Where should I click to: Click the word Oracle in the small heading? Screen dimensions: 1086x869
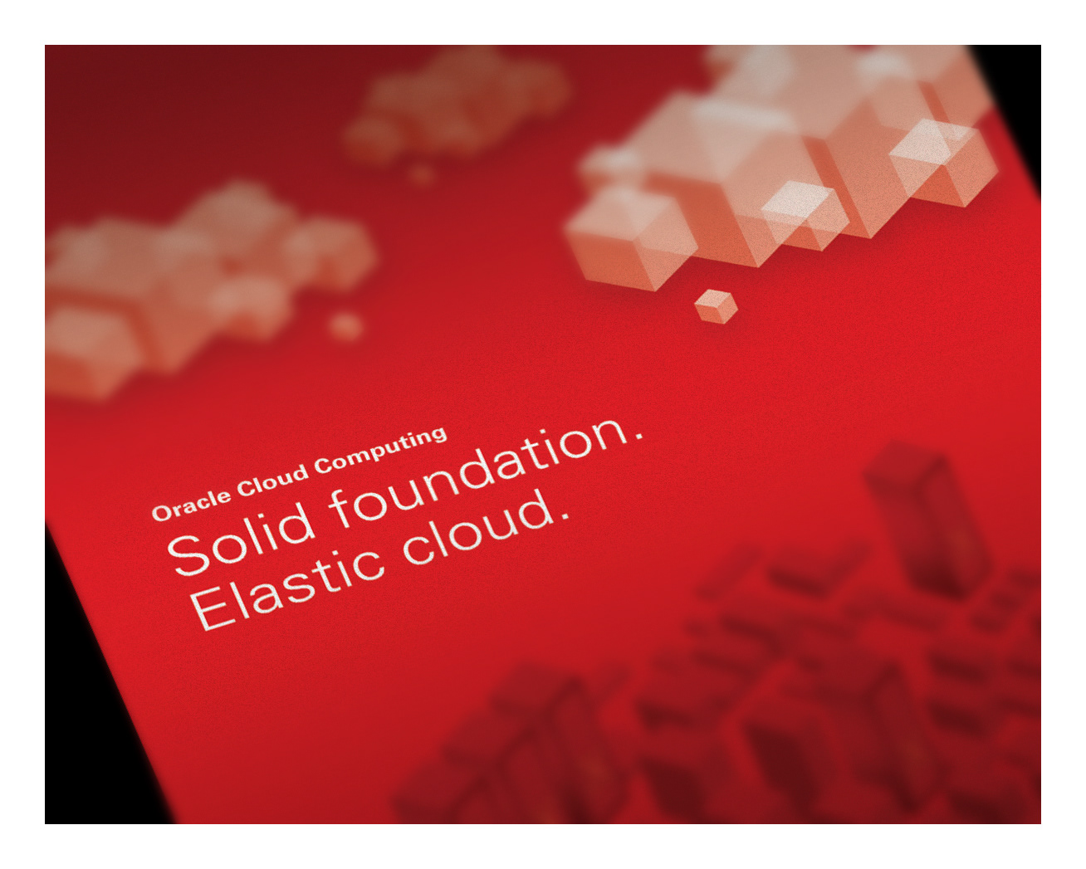(x=191, y=505)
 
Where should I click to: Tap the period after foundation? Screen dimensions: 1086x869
(x=638, y=435)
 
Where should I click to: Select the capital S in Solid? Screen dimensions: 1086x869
(x=188, y=555)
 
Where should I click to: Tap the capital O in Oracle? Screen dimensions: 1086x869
(x=161, y=513)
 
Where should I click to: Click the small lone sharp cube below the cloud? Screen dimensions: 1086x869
(x=716, y=306)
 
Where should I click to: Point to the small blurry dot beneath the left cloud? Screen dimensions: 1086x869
(x=345, y=326)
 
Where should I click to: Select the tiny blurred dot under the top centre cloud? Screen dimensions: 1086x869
(x=420, y=174)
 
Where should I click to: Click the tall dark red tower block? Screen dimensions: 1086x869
(x=927, y=520)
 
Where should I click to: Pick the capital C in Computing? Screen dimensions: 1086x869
(x=323, y=466)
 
